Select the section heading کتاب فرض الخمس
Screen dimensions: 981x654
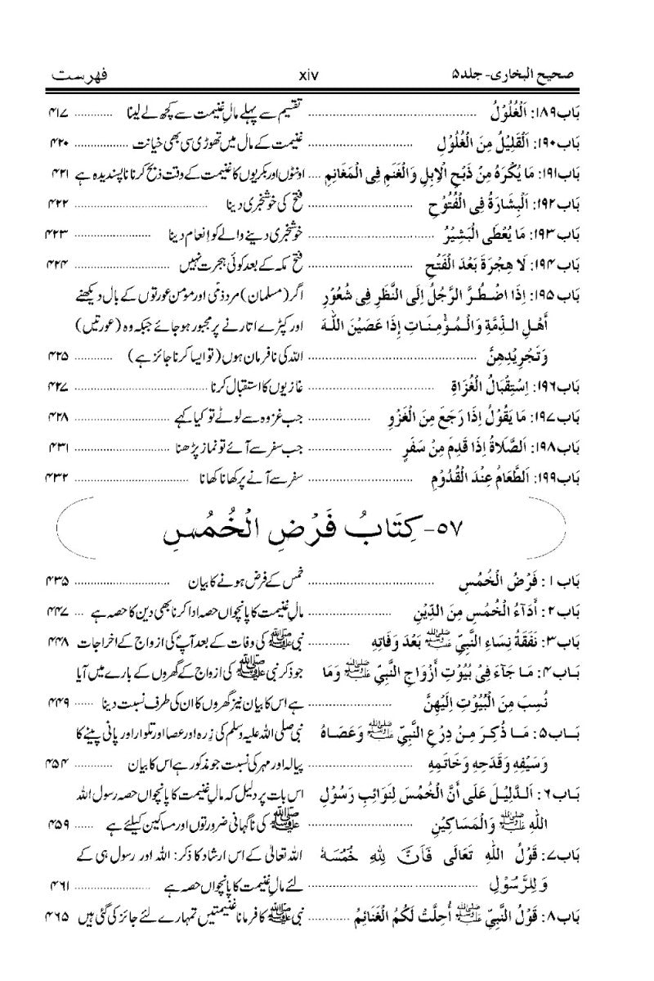[x=327, y=533]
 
